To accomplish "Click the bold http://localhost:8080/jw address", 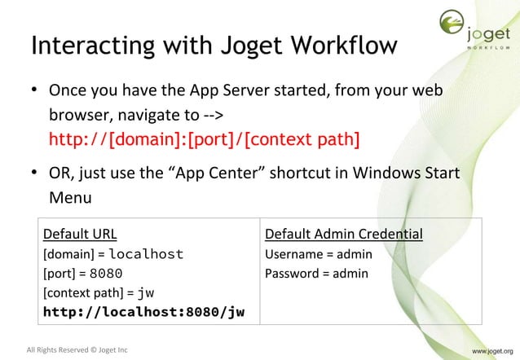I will pos(143,311).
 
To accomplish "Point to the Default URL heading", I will pos(80,235).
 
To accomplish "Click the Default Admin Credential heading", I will pos(344,235).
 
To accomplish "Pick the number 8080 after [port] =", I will pos(106,274).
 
